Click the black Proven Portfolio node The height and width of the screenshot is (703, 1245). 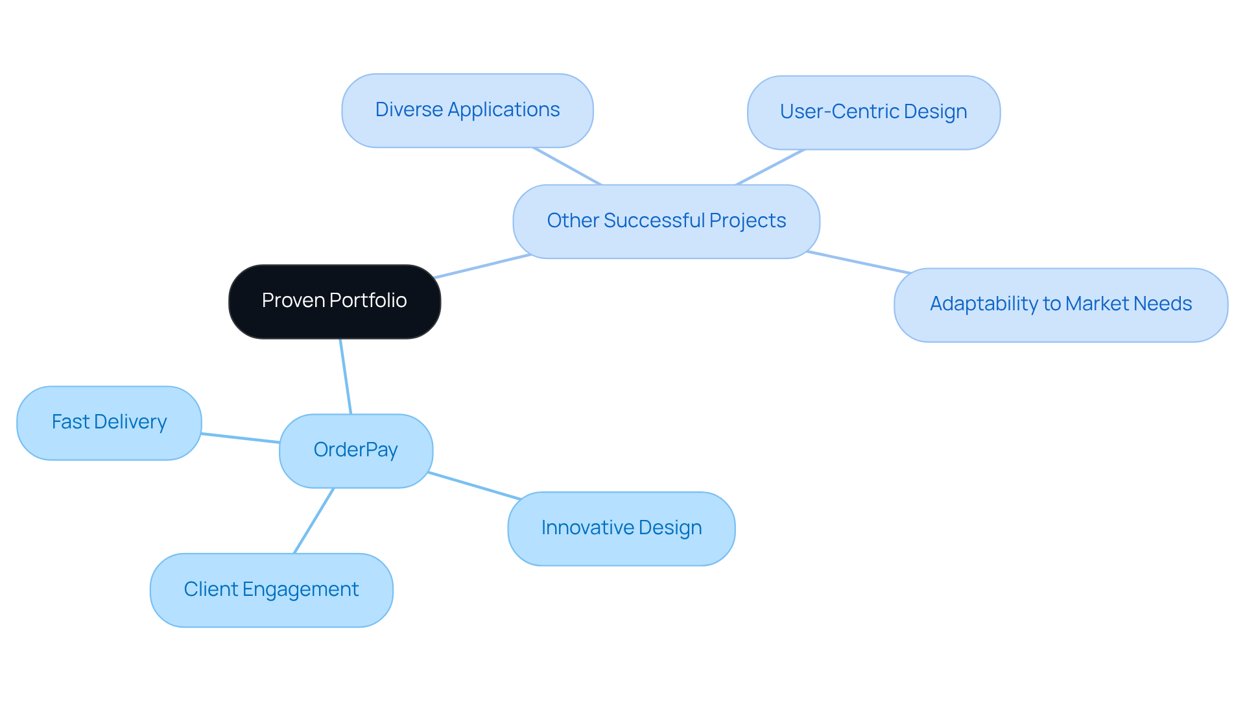[x=335, y=301]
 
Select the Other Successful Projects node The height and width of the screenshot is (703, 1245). [x=666, y=221]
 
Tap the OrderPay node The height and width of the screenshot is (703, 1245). [x=355, y=450]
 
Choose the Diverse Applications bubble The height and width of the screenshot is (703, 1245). [x=467, y=110]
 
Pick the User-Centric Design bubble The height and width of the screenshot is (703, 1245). [x=873, y=112]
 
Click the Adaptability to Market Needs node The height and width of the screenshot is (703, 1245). [x=1060, y=304]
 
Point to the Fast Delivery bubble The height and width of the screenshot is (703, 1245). [x=109, y=423]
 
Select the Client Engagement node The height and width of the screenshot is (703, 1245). [x=271, y=590]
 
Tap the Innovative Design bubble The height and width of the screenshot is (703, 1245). [x=621, y=528]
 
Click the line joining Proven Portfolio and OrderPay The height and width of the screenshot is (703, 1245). [x=346, y=376]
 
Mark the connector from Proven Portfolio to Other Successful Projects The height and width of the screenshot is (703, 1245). [x=483, y=266]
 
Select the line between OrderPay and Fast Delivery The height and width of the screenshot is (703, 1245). [x=240, y=438]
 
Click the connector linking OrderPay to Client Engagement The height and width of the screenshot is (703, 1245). [x=314, y=521]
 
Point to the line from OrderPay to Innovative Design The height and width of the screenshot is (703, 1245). [x=475, y=486]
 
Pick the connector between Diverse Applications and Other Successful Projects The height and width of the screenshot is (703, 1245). [x=567, y=166]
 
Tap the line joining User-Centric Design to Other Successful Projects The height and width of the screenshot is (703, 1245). [x=770, y=167]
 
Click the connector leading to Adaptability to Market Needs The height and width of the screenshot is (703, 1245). [x=859, y=262]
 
